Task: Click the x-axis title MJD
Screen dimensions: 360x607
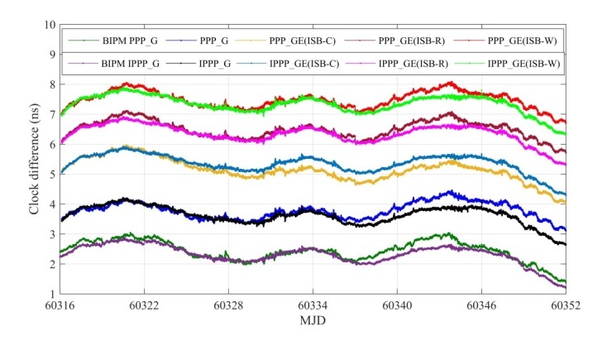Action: (313, 319)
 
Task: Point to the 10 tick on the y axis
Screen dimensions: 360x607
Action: (50, 25)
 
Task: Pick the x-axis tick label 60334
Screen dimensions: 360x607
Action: (313, 305)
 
